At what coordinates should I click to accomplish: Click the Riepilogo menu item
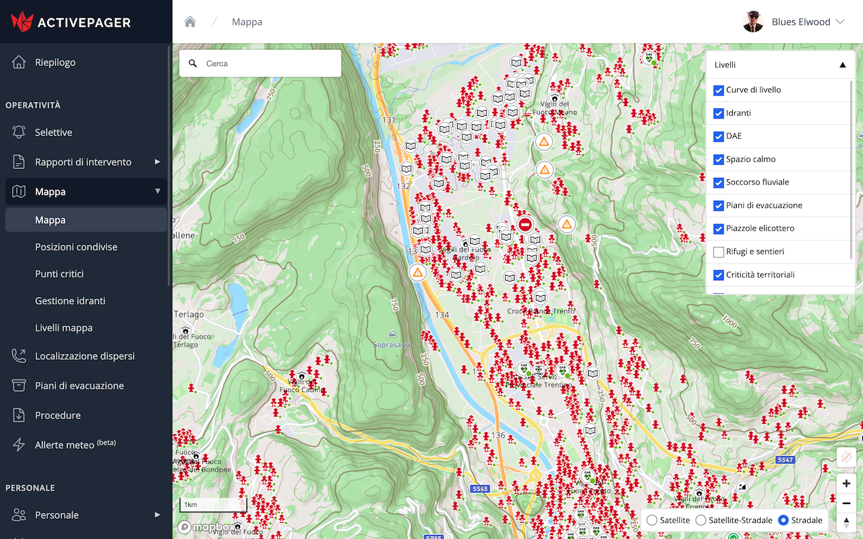55,63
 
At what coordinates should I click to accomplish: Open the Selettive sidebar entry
53,133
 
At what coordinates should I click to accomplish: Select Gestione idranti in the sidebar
70,301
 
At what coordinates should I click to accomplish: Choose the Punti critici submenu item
59,274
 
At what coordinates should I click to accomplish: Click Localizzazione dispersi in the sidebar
84,356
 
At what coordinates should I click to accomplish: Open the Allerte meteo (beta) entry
75,445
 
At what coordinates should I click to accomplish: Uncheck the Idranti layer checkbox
719,113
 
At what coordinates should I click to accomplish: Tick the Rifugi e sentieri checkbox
719,252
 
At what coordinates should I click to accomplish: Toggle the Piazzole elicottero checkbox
719,229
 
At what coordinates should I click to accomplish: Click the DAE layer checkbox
719,136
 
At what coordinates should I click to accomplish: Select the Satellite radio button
652,520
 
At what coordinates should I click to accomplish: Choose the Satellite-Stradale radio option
701,520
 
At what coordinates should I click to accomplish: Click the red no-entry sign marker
525,224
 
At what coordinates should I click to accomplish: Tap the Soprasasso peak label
392,344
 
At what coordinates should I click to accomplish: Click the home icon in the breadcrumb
190,22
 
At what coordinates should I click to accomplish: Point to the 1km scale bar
213,505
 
